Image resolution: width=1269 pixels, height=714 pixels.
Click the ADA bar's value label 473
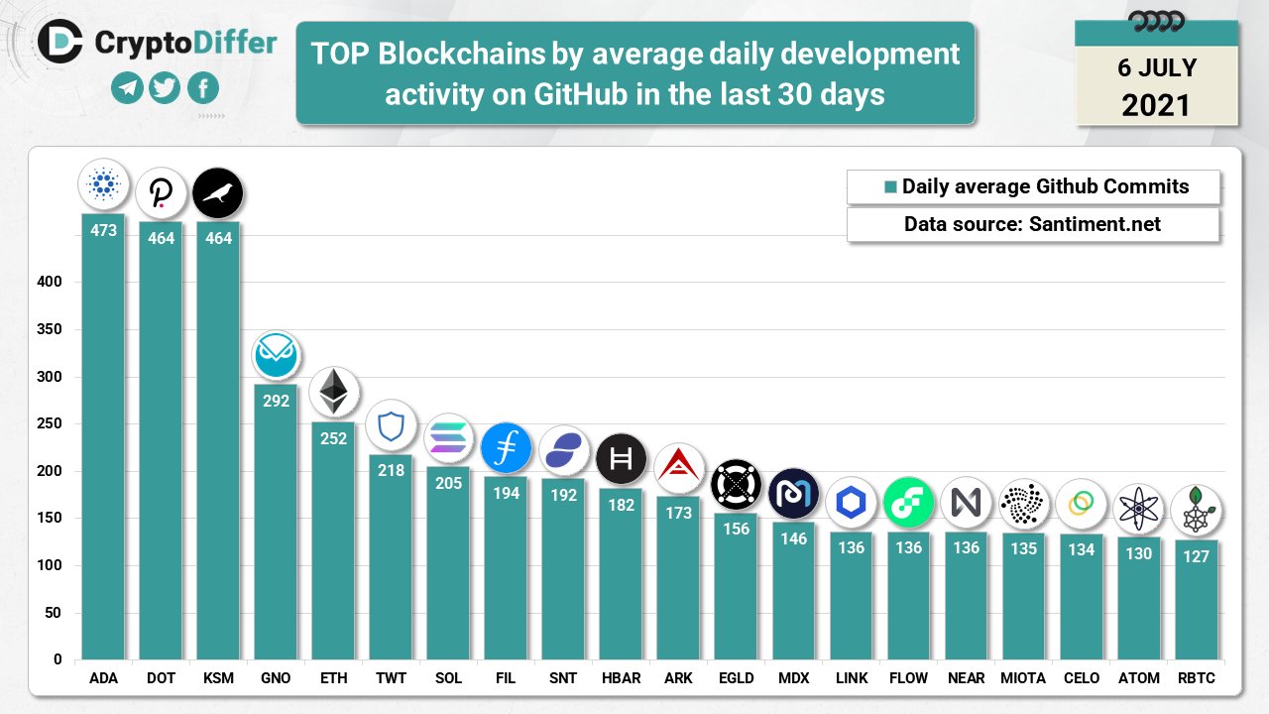[x=103, y=230]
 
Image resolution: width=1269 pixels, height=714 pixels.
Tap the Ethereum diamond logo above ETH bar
[x=333, y=392]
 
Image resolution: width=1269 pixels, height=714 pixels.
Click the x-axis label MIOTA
[x=1023, y=678]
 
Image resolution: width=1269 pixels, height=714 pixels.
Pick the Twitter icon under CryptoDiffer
[x=165, y=89]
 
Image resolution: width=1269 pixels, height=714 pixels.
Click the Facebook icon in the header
[x=202, y=89]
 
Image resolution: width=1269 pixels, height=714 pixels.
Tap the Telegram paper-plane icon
[x=127, y=89]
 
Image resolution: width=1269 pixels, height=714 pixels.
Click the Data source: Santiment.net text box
[x=1032, y=224]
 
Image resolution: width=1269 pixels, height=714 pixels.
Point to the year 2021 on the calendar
[x=1156, y=104]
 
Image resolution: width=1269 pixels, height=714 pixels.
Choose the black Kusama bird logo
[x=218, y=193]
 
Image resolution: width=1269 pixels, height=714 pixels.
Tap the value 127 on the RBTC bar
[x=1196, y=556]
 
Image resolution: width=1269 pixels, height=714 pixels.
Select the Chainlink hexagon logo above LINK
[x=851, y=502]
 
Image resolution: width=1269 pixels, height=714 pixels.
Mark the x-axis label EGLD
[x=736, y=678]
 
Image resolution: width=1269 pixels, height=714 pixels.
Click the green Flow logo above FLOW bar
[x=908, y=502]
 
